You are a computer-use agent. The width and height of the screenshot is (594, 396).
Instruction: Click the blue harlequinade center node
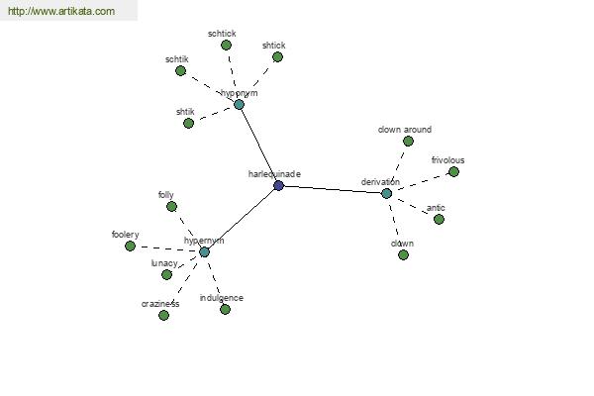pyautogui.click(x=278, y=186)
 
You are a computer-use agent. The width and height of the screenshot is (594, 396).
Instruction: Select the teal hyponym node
pyautogui.click(x=239, y=105)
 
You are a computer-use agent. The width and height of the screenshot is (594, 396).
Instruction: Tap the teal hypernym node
pyautogui.click(x=204, y=252)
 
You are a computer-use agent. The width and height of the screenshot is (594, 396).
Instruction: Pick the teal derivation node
pyautogui.click(x=386, y=194)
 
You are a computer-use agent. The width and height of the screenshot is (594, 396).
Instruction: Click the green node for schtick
pyautogui.click(x=226, y=46)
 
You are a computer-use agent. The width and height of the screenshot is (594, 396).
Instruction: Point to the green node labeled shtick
pyautogui.click(x=277, y=57)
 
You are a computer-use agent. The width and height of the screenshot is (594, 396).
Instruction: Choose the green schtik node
pyautogui.click(x=181, y=71)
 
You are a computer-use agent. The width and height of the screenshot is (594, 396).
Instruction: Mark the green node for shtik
pyautogui.click(x=188, y=123)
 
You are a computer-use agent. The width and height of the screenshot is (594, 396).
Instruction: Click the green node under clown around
pyautogui.click(x=408, y=142)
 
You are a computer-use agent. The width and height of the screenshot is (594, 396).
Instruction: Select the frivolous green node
pyautogui.click(x=453, y=172)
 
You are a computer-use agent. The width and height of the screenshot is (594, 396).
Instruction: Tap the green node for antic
pyautogui.click(x=439, y=220)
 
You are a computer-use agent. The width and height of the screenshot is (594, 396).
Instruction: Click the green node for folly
pyautogui.click(x=171, y=207)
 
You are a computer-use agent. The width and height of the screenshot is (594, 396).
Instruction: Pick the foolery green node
pyautogui.click(x=130, y=247)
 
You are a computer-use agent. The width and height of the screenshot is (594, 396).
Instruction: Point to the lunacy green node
pyautogui.click(x=166, y=275)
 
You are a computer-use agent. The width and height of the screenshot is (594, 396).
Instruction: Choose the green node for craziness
pyautogui.click(x=163, y=315)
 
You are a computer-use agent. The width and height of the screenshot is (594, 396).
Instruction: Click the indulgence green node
pyautogui.click(x=225, y=310)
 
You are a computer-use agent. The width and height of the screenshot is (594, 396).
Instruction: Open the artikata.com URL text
pyautogui.click(x=61, y=11)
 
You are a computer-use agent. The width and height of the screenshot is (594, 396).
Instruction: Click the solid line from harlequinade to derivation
pyautogui.click(x=333, y=189)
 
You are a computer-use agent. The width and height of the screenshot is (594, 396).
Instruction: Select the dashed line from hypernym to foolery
pyautogui.click(x=167, y=248)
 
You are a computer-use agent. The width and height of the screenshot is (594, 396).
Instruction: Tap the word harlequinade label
pyautogui.click(x=274, y=174)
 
